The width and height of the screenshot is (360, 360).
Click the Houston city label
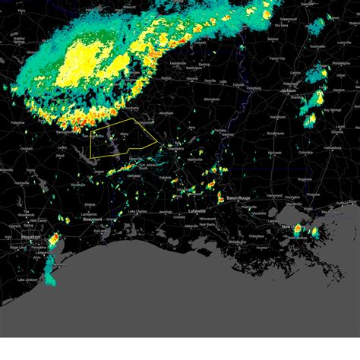coord(31,237)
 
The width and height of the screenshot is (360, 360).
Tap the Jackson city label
coord(288,90)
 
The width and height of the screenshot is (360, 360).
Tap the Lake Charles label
coord(137,211)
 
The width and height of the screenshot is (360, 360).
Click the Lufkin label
coord(63,147)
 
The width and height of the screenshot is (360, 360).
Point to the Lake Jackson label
coord(28,280)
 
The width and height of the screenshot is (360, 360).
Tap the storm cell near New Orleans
coord(298,229)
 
